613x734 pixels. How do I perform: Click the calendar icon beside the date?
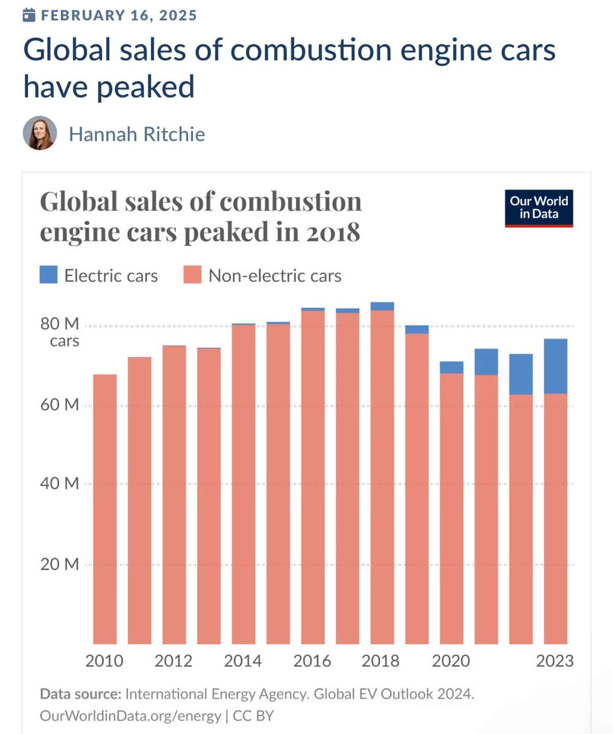tap(29, 15)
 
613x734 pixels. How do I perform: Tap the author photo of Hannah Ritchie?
tap(39, 133)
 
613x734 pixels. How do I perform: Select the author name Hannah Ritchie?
tap(137, 134)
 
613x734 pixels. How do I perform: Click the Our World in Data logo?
tap(538, 208)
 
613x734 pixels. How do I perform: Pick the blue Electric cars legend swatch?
tap(49, 275)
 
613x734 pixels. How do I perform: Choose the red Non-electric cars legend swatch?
tap(193, 275)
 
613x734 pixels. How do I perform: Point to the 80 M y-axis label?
tap(60, 324)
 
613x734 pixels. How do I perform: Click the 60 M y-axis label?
tap(60, 405)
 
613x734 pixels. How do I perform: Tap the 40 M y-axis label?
tap(60, 483)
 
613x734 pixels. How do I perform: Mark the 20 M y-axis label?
tap(60, 564)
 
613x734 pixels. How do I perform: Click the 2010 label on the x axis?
tap(104, 661)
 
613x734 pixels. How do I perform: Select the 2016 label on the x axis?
tap(312, 661)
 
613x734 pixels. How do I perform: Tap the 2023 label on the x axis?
tap(555, 661)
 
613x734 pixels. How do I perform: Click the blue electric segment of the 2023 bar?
tap(556, 366)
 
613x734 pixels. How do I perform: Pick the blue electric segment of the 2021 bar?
tap(486, 362)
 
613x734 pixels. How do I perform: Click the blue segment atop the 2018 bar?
tap(382, 306)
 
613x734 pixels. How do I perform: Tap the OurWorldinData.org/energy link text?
tap(130, 716)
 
